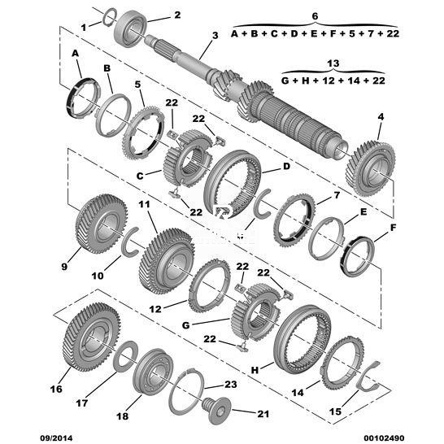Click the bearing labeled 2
click(x=131, y=28)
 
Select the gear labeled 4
click(x=370, y=169)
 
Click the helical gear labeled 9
click(x=101, y=224)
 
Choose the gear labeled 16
click(x=91, y=337)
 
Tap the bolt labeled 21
click(x=216, y=411)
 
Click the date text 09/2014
click(x=56, y=438)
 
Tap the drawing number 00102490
click(x=384, y=438)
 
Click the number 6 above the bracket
click(x=315, y=16)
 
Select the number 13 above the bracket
click(x=333, y=63)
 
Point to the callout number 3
click(x=215, y=36)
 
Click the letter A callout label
click(x=75, y=53)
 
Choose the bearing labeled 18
click(x=153, y=372)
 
